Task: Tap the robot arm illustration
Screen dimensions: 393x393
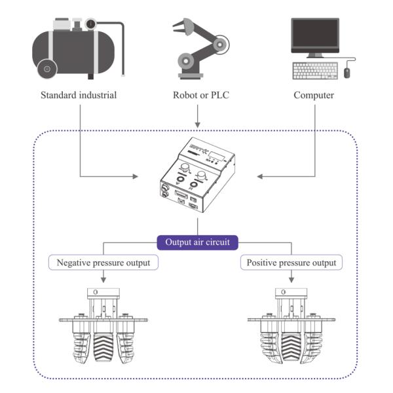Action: tap(196, 49)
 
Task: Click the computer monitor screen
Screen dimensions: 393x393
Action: tap(315, 35)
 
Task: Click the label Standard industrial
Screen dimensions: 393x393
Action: tap(78, 95)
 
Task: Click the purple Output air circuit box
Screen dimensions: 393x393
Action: tap(196, 242)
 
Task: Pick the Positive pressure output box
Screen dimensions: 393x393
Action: tap(292, 263)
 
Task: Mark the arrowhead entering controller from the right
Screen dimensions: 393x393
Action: tap(260, 176)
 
